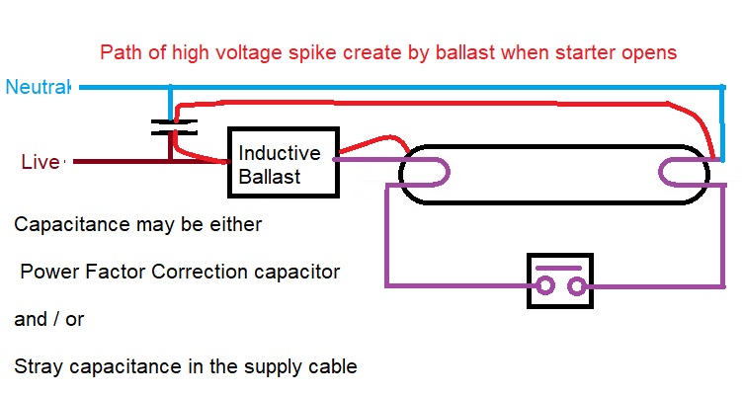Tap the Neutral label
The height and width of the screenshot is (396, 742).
(38, 87)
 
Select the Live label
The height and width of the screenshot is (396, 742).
(41, 162)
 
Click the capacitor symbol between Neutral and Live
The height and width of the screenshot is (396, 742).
(174, 127)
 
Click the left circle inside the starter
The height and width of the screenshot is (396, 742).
(544, 285)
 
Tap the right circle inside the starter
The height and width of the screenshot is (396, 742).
(577, 285)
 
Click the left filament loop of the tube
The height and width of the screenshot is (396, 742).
(425, 172)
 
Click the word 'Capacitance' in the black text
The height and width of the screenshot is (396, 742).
(72, 224)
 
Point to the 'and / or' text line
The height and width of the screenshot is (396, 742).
(49, 319)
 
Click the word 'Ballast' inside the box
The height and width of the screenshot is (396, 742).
(270, 177)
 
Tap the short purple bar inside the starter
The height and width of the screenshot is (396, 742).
(558, 269)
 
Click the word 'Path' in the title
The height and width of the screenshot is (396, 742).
(122, 52)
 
